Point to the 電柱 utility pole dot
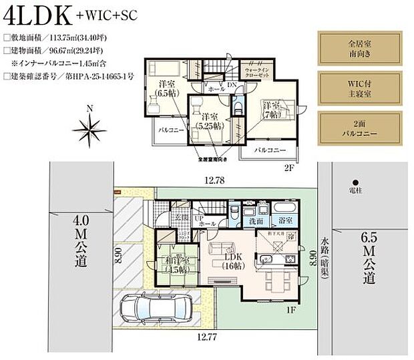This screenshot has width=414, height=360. [356, 182]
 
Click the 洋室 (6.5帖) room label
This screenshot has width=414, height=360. [166, 88]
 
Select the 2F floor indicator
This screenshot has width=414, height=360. [288, 168]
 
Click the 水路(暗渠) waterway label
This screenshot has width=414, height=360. [325, 256]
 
